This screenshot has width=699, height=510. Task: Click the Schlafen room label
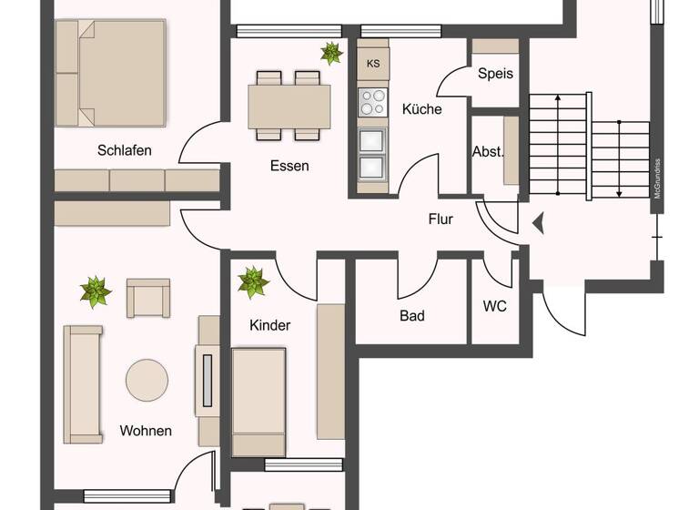click(125, 150)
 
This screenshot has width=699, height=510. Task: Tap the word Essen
click(289, 166)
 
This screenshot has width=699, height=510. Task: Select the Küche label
click(421, 109)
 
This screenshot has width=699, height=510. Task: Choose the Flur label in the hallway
click(441, 219)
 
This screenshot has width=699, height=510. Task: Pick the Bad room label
click(412, 316)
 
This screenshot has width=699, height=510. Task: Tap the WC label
click(494, 306)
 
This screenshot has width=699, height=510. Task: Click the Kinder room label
click(269, 325)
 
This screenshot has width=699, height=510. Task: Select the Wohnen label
click(146, 431)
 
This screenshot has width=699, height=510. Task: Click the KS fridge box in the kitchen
click(373, 63)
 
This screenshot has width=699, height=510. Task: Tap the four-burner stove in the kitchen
click(372, 102)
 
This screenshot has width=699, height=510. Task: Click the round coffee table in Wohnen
click(147, 381)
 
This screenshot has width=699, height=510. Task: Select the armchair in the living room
click(147, 297)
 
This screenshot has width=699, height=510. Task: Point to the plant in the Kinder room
click(253, 281)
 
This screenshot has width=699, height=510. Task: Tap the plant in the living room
click(95, 291)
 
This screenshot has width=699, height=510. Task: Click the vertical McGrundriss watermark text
click(656, 178)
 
